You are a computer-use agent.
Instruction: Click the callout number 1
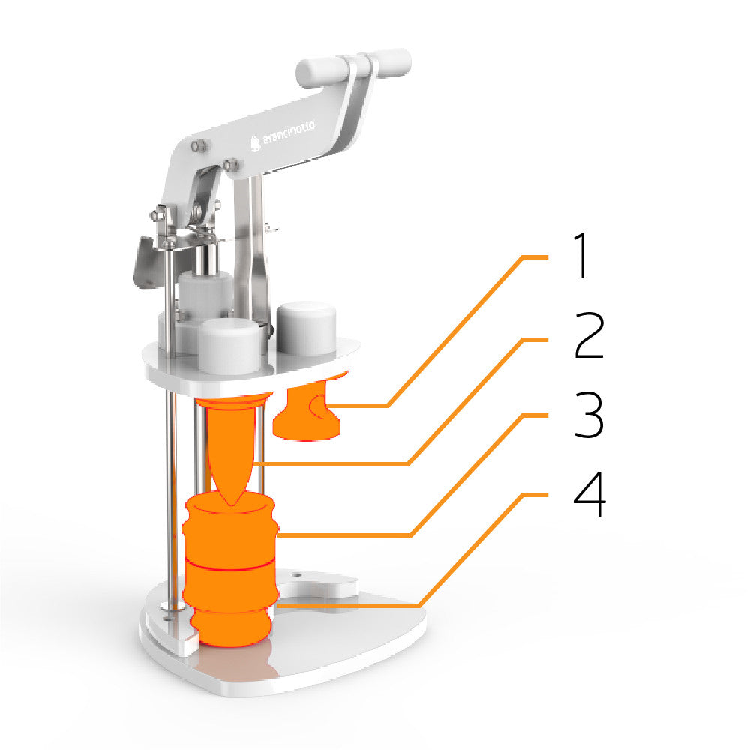582,256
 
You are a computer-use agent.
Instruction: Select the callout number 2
589,335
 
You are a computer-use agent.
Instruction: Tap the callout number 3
589,414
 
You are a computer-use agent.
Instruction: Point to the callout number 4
589,493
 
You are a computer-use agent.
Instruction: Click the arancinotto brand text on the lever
289,133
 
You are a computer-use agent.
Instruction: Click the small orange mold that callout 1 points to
307,411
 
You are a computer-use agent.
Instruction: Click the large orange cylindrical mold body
230,569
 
